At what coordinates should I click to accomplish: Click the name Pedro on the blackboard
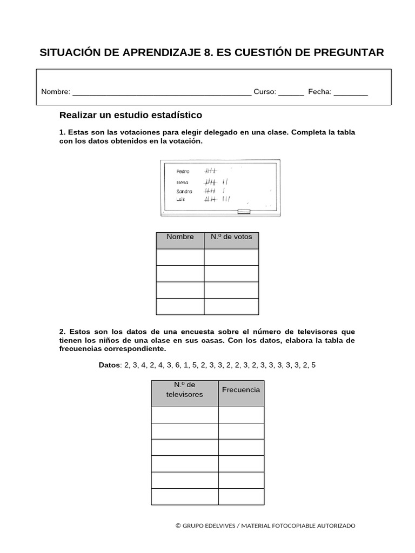click(x=183, y=171)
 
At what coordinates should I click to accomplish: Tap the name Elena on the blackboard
click(x=182, y=183)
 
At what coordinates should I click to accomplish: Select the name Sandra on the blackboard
click(x=184, y=191)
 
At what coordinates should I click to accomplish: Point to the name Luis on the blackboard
click(x=181, y=199)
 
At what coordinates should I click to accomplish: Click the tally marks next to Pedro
click(x=210, y=171)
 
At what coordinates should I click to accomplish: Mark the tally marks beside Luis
click(x=217, y=199)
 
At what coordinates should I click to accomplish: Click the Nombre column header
click(x=180, y=237)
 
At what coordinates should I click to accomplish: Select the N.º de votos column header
click(x=231, y=237)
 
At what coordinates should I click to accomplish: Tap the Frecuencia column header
click(x=241, y=389)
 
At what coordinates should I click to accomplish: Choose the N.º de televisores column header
click(x=185, y=389)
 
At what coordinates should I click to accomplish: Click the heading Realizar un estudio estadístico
click(x=130, y=115)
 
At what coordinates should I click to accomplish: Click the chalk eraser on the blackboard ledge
click(x=244, y=212)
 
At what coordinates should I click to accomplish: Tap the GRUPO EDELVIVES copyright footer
click(x=265, y=525)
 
